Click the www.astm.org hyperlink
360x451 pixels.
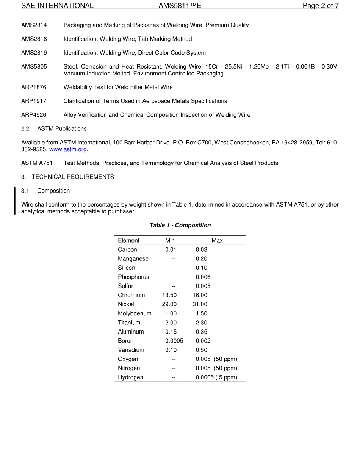(68, 149)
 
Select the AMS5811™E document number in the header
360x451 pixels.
(180, 6)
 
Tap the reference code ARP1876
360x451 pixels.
(34, 87)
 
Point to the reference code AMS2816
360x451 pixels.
(34, 39)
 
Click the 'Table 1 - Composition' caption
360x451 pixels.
(180, 225)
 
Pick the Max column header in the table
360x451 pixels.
(217, 240)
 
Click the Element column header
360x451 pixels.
(128, 240)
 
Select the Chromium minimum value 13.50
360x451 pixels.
(169, 295)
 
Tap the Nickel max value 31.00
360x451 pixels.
(200, 304)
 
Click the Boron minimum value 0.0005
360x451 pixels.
(174, 341)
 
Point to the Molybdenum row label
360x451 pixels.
(135, 313)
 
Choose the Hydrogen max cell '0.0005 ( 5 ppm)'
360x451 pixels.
(216, 377)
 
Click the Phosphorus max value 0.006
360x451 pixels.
(203, 277)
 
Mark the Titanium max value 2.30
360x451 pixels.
(201, 323)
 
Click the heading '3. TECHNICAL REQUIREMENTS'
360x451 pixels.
(67, 177)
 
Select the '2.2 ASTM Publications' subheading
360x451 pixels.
(54, 129)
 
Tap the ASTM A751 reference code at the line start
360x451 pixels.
(37, 163)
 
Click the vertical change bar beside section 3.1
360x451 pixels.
(14, 201)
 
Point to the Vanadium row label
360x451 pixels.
(131, 350)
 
